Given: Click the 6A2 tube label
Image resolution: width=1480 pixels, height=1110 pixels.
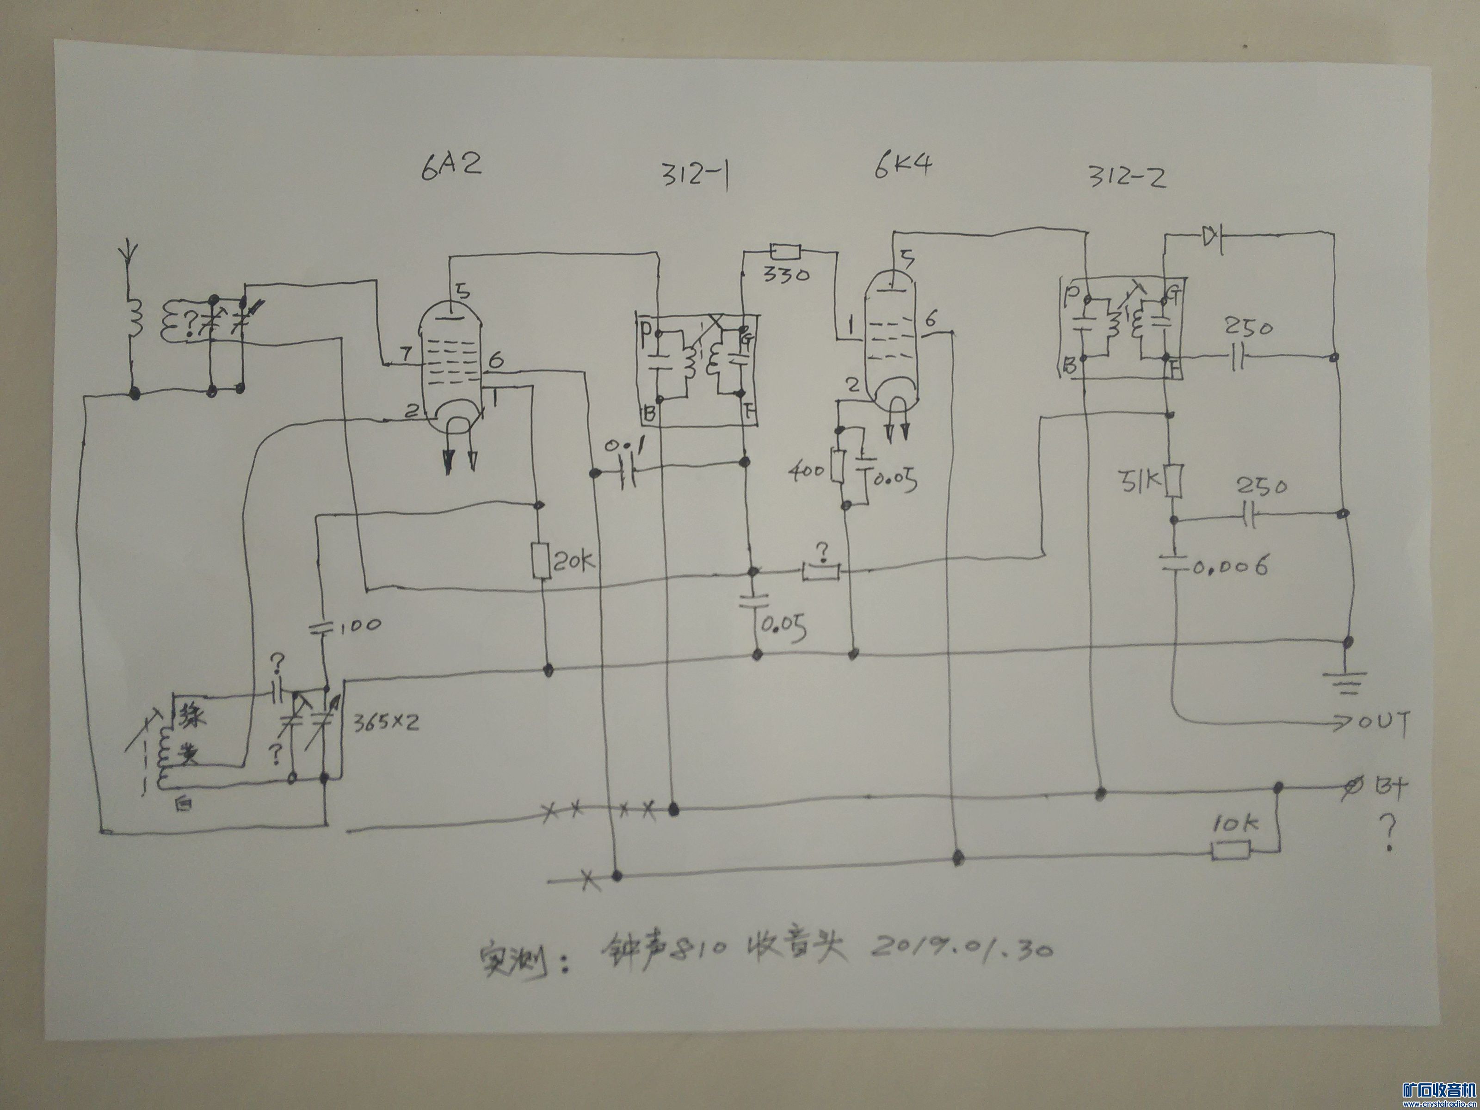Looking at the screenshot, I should pos(451,163).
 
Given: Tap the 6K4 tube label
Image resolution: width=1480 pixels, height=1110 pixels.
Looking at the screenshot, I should pos(903,165).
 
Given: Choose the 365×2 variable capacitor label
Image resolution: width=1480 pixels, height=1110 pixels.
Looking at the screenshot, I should pos(386,722).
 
